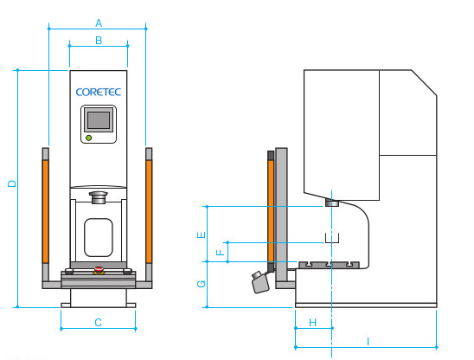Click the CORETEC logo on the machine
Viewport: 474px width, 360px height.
point(99,92)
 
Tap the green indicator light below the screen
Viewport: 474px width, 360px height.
point(88,138)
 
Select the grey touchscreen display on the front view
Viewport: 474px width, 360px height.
point(99,120)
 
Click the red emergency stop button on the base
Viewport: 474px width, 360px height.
point(99,268)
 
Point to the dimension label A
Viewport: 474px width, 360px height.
point(99,23)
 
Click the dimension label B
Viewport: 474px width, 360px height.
point(99,41)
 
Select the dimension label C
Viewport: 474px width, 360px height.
point(98,323)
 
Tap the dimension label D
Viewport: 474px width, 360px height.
point(12,183)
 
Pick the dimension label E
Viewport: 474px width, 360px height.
point(202,235)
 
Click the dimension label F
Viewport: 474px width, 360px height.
point(221,253)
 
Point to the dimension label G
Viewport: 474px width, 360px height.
point(202,284)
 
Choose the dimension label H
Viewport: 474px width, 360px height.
point(313,323)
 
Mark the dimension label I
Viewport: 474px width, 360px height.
point(368,342)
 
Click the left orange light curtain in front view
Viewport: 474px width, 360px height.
point(46,211)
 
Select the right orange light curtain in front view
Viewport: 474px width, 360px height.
point(149,211)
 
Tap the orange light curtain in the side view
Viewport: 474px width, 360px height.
point(271,211)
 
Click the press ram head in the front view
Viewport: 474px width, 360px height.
point(99,197)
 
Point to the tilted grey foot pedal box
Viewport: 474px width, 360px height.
point(260,283)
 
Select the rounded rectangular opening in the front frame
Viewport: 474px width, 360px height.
point(99,237)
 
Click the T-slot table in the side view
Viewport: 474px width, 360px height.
point(329,265)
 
